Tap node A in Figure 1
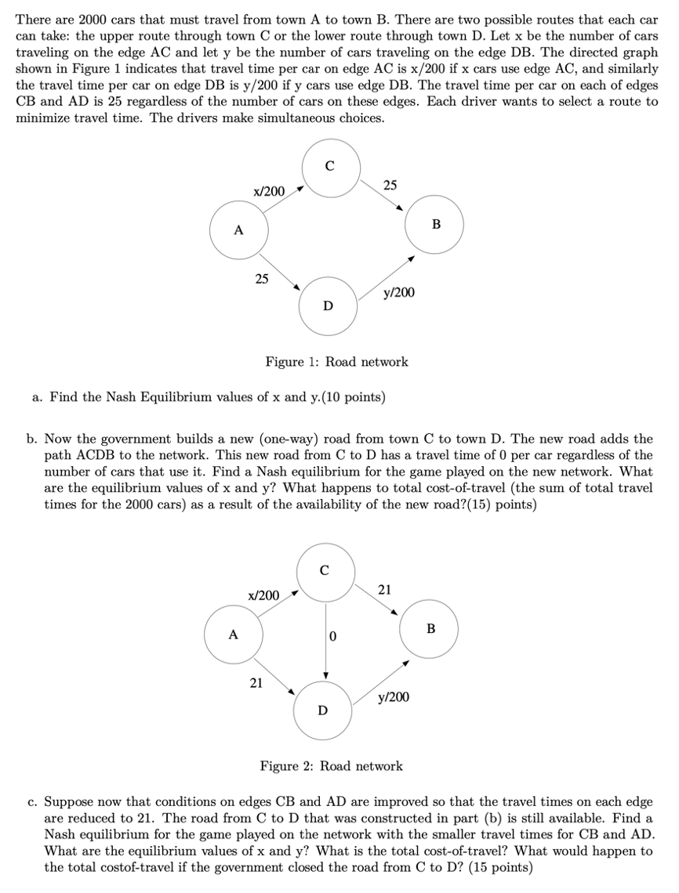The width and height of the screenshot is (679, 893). (239, 230)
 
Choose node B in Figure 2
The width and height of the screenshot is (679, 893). (429, 628)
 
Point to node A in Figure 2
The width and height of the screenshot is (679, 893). (233, 634)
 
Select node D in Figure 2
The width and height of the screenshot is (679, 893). (322, 710)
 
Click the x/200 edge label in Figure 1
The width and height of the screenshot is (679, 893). (269, 192)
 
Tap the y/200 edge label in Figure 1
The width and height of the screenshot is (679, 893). (399, 292)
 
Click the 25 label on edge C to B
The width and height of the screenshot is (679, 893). (390, 185)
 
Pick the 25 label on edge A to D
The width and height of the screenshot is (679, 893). (262, 278)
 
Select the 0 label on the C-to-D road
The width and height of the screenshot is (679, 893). (332, 635)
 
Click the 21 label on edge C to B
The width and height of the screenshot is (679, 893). (384, 589)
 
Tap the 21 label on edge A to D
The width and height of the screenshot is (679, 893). (256, 682)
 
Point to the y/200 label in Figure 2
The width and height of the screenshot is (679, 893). (393, 696)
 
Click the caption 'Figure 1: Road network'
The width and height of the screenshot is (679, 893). (336, 362)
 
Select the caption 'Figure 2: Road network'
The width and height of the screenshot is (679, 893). (331, 766)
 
